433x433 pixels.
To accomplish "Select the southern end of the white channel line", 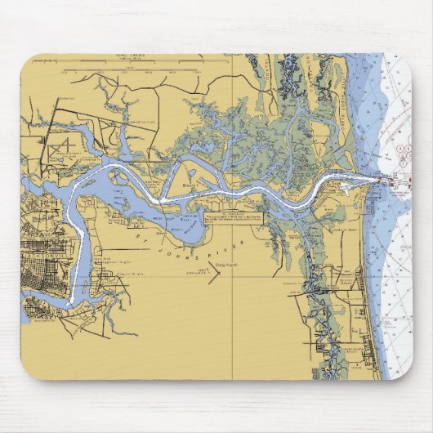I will pyautogui.click(x=72, y=303).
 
